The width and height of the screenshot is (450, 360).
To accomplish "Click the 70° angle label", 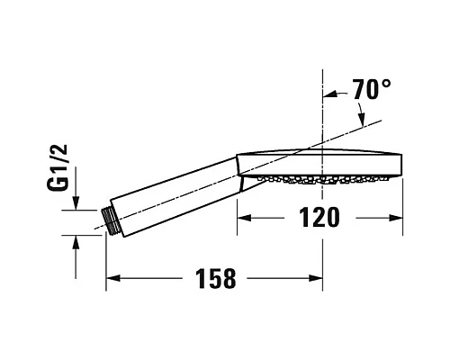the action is click(x=372, y=89).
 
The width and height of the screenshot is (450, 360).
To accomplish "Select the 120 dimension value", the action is click(x=319, y=218).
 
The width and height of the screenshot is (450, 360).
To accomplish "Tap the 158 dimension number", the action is click(x=216, y=278).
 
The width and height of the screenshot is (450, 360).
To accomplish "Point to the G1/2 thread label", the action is click(x=58, y=167).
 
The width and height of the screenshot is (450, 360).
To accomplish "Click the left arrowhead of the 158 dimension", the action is click(x=113, y=278).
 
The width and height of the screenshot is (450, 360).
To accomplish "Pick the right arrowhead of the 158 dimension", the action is click(x=316, y=278).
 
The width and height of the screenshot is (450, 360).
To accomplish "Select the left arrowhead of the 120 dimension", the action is click(x=244, y=218).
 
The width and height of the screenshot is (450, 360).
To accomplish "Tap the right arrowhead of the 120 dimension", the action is click(x=396, y=218).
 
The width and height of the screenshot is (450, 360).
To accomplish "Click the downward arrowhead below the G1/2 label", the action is click(x=76, y=202).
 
